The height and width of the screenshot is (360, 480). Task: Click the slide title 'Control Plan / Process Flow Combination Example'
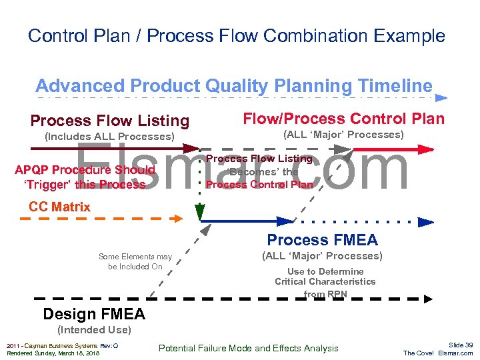236,35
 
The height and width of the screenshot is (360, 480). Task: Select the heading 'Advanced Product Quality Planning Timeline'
233,85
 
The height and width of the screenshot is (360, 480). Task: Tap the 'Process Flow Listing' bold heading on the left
109,121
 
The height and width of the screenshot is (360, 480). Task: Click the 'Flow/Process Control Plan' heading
343,119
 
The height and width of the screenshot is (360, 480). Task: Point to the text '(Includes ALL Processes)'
109,137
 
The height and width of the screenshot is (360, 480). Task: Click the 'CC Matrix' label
59,207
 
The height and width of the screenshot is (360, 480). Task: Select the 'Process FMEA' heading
322,240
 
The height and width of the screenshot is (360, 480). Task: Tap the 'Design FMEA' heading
93,314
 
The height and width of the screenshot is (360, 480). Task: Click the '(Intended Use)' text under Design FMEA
94,329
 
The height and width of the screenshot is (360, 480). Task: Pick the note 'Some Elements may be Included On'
135,261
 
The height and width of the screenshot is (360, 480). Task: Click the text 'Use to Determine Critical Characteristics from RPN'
325,282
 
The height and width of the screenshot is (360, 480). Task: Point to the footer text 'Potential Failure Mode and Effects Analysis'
248,348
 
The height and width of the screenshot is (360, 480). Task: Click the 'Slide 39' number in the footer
461,345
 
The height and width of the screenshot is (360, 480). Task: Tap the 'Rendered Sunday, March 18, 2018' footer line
53,353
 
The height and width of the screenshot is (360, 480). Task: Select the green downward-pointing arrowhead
199,213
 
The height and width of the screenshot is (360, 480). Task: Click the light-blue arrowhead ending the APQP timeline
441,98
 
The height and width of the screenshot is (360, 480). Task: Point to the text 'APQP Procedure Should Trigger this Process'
84,177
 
